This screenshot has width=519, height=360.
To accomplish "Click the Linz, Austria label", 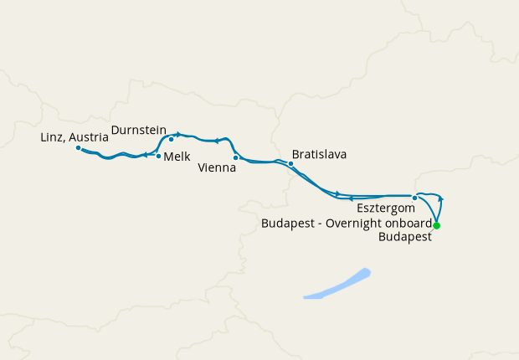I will tap(74, 136).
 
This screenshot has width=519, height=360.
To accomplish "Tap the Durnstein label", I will tap(138, 131).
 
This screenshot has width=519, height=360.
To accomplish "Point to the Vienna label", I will tap(217, 167).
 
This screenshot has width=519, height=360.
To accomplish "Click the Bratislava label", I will tap(319, 155).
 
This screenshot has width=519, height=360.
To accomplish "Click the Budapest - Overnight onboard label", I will tap(347, 224).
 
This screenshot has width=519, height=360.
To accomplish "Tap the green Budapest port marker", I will tap(436, 226).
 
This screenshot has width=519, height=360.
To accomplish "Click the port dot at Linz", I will tap(78, 148).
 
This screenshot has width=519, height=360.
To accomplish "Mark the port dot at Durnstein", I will tap(171, 140).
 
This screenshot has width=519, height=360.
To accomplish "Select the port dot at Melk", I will tap(158, 156).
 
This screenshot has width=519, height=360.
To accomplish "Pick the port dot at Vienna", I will tap(235, 157).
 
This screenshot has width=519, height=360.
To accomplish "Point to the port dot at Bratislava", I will tap(290, 163).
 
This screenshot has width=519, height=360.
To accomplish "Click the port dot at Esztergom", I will tap(414, 198).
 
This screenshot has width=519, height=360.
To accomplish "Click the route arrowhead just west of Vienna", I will tap(217, 141).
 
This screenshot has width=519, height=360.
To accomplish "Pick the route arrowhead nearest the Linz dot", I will tap(145, 155).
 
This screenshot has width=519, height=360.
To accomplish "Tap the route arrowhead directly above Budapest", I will tap(441, 199).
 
